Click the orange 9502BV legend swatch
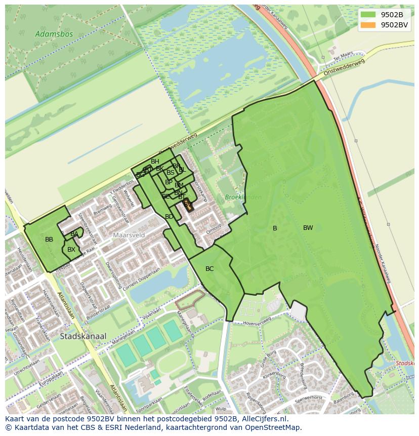368,25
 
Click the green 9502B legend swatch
368,15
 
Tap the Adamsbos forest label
54,34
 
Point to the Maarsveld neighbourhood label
129,235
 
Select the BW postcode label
308,228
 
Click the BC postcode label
209,269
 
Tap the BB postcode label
49,240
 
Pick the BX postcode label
71,250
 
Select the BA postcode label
74,234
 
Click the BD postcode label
169,217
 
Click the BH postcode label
155,162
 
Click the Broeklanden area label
243,197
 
